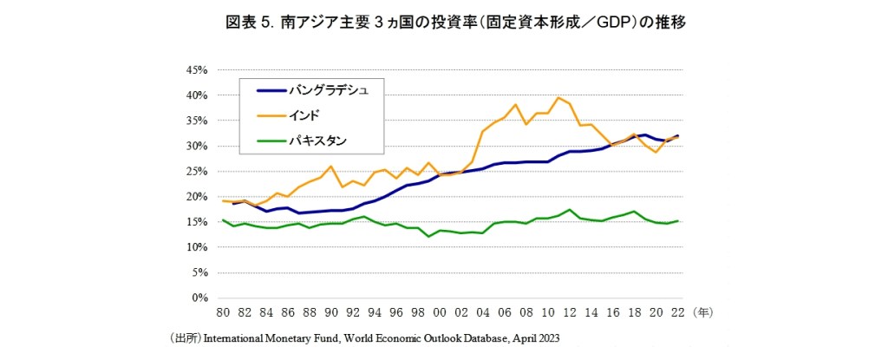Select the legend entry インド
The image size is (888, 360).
click(x=314, y=115)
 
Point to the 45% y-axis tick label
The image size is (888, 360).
click(x=196, y=69)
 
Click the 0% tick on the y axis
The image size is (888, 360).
click(x=199, y=298)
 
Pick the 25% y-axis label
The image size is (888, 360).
click(x=196, y=172)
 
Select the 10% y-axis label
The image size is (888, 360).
click(x=196, y=247)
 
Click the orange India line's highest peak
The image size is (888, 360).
click(x=558, y=98)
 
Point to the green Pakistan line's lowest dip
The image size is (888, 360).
click(x=428, y=236)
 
